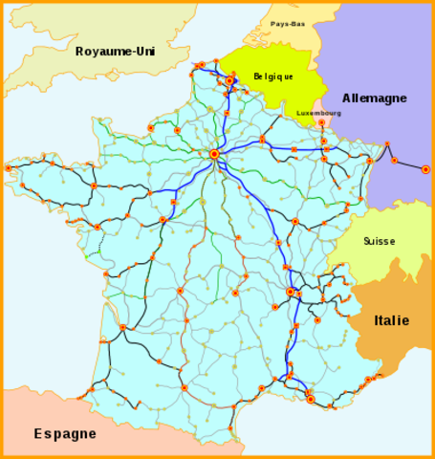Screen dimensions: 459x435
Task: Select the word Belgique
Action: click(273, 76)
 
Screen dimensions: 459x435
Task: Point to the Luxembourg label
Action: click(318, 113)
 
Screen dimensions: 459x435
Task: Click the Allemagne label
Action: click(376, 98)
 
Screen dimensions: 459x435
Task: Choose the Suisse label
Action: click(379, 241)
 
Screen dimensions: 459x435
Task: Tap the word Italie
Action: click(391, 320)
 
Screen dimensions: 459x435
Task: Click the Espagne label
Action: click(65, 433)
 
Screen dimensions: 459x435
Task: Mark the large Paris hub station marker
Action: click(214, 153)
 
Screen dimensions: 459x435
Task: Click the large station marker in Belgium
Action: click(230, 80)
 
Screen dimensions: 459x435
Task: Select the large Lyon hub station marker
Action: click(291, 292)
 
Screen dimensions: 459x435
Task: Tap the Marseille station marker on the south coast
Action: click(310, 398)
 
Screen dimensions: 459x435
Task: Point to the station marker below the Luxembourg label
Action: click(321, 123)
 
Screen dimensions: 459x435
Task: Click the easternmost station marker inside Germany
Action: click(425, 169)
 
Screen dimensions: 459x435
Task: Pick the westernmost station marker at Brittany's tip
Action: click(9, 167)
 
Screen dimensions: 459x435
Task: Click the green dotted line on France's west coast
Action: click(97, 251)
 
